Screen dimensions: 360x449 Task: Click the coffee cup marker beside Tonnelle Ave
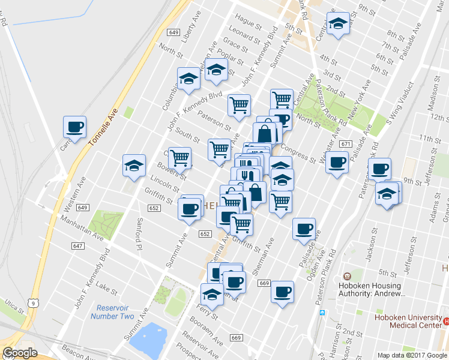coord(75,127)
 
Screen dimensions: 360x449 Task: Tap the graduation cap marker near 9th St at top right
coord(338,24)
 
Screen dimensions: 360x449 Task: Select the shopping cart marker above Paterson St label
coord(240,105)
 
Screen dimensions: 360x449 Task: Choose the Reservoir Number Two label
coord(111,312)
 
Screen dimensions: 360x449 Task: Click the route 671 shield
coord(345,144)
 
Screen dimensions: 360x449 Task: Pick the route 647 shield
coord(77,246)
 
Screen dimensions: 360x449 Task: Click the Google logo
coord(20,353)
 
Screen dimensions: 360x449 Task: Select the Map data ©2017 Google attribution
coord(412,355)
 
